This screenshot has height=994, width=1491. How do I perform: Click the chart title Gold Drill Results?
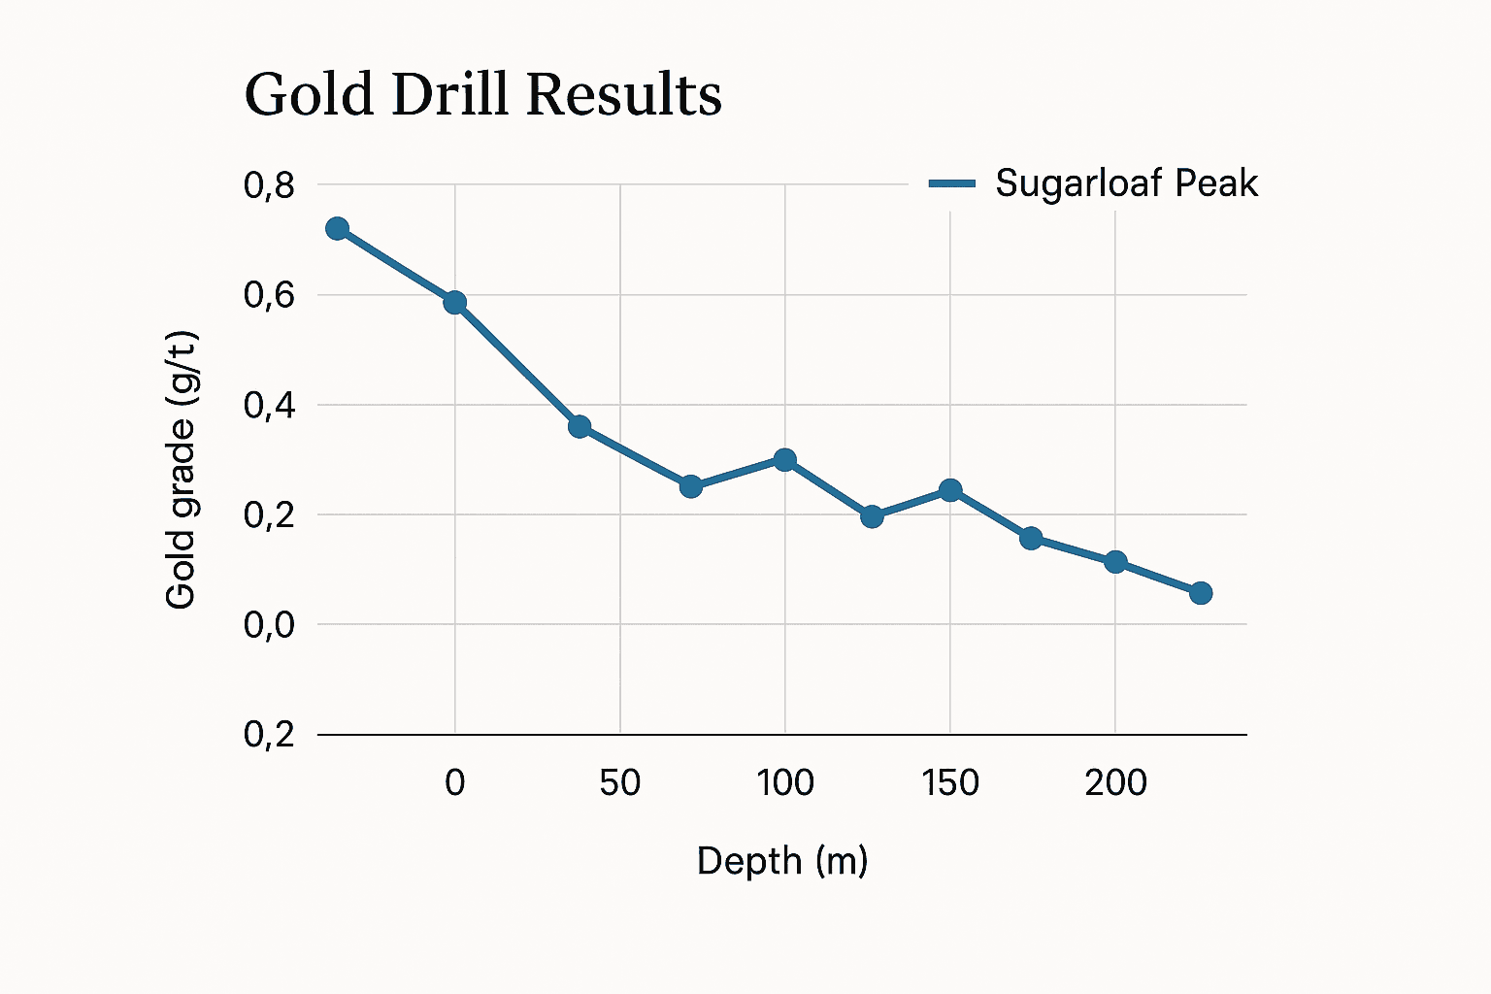pyautogui.click(x=482, y=95)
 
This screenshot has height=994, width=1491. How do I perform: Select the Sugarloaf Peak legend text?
pyautogui.click(x=1126, y=183)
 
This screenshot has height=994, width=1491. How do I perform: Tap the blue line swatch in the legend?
pyautogui.click(x=951, y=183)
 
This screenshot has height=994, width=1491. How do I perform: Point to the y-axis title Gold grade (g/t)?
pyautogui.click(x=182, y=471)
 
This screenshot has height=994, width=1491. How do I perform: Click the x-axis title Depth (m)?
pyautogui.click(x=782, y=861)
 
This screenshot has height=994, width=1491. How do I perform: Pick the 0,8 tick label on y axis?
pyautogui.click(x=269, y=184)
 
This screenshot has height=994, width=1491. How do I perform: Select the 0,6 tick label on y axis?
pyautogui.click(x=269, y=295)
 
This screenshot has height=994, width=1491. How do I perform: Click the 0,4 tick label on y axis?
pyautogui.click(x=269, y=405)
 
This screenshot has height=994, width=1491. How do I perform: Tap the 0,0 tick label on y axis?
pyautogui.click(x=269, y=625)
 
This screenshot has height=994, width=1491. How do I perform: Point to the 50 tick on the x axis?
pyautogui.click(x=619, y=782)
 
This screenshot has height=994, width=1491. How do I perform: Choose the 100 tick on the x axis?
pyautogui.click(x=784, y=782)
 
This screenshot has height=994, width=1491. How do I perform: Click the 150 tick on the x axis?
pyautogui.click(x=949, y=782)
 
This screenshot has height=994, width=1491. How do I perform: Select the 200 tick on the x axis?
pyautogui.click(x=1115, y=782)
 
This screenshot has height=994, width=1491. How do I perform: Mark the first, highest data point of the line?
pyautogui.click(x=337, y=229)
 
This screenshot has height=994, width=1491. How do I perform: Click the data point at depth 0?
pyautogui.click(x=454, y=303)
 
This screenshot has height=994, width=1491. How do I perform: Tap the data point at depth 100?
pyautogui.click(x=784, y=459)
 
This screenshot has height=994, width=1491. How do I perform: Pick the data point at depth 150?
pyautogui.click(x=950, y=490)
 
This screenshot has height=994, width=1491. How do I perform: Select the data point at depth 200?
pyautogui.click(x=1115, y=562)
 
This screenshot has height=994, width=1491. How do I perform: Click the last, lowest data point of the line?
pyautogui.click(x=1201, y=593)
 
